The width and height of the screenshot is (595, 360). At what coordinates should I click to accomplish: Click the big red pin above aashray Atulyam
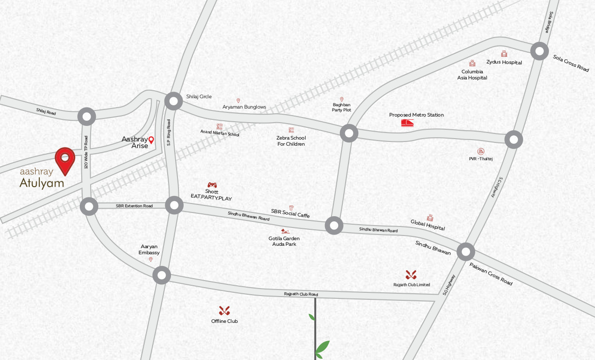[x=65, y=160]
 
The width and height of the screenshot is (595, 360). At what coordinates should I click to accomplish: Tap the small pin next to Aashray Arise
[x=151, y=140]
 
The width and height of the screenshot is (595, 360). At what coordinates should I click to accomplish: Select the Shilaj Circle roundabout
[x=174, y=101]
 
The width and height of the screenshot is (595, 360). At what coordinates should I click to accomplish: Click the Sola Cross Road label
[x=571, y=63]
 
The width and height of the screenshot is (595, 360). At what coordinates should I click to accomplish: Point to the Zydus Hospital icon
[x=504, y=54]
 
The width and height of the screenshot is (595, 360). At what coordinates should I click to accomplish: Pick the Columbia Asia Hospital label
[x=472, y=75]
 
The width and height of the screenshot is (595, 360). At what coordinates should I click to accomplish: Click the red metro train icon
[x=408, y=123]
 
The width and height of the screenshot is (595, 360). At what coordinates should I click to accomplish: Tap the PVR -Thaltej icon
[x=481, y=151]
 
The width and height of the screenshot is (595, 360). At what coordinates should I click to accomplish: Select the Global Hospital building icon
[x=430, y=218]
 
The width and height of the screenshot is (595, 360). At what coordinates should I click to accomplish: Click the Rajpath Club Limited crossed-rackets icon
[x=411, y=274]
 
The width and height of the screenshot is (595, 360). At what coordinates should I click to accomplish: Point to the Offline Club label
[x=224, y=321]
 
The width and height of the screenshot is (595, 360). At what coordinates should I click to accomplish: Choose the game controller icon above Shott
[x=212, y=185]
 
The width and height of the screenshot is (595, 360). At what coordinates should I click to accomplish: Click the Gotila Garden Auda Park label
[x=284, y=241]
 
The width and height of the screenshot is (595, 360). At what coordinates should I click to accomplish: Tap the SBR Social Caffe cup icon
[x=291, y=208]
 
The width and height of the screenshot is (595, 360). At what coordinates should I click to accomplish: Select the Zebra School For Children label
[x=291, y=141]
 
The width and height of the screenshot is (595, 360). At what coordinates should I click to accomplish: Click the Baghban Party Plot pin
[x=342, y=99]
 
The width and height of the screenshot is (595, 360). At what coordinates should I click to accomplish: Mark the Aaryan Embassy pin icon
[x=151, y=259]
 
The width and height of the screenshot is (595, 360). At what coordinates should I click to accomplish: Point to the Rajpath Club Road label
[x=301, y=294]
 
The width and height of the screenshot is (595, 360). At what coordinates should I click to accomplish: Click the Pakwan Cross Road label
[x=491, y=274]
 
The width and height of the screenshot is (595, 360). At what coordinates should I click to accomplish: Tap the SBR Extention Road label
[x=134, y=206]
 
